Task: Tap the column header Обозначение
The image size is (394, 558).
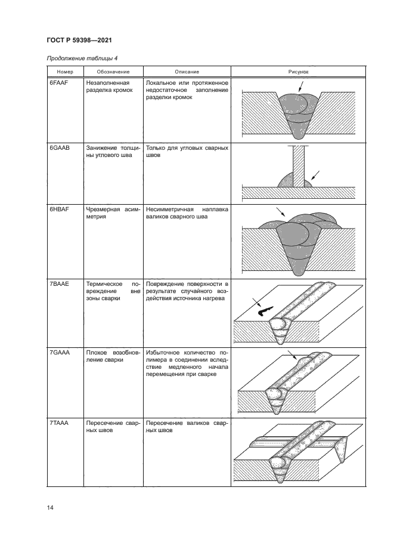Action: coord(112,71)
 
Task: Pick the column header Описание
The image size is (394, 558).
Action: coord(187,71)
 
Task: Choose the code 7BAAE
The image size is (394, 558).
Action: coord(60,283)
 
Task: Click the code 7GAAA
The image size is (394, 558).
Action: coord(60,353)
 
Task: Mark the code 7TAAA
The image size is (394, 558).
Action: coord(60,423)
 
